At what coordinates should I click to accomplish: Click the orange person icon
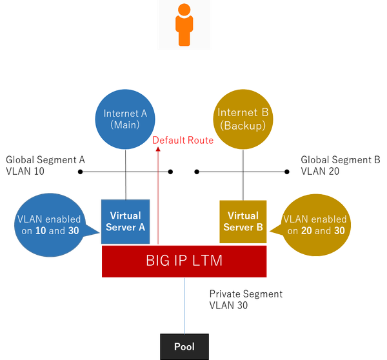tap(184, 26)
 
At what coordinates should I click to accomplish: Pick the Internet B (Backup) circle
tap(243, 119)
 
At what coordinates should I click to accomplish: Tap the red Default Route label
tap(184, 141)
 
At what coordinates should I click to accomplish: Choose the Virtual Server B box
tap(243, 221)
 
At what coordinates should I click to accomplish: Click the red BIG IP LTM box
tap(184, 261)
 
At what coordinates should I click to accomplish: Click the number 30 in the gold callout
tap(339, 231)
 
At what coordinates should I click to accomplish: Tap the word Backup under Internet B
tap(243, 126)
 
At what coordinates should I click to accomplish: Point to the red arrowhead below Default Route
tap(157, 148)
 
